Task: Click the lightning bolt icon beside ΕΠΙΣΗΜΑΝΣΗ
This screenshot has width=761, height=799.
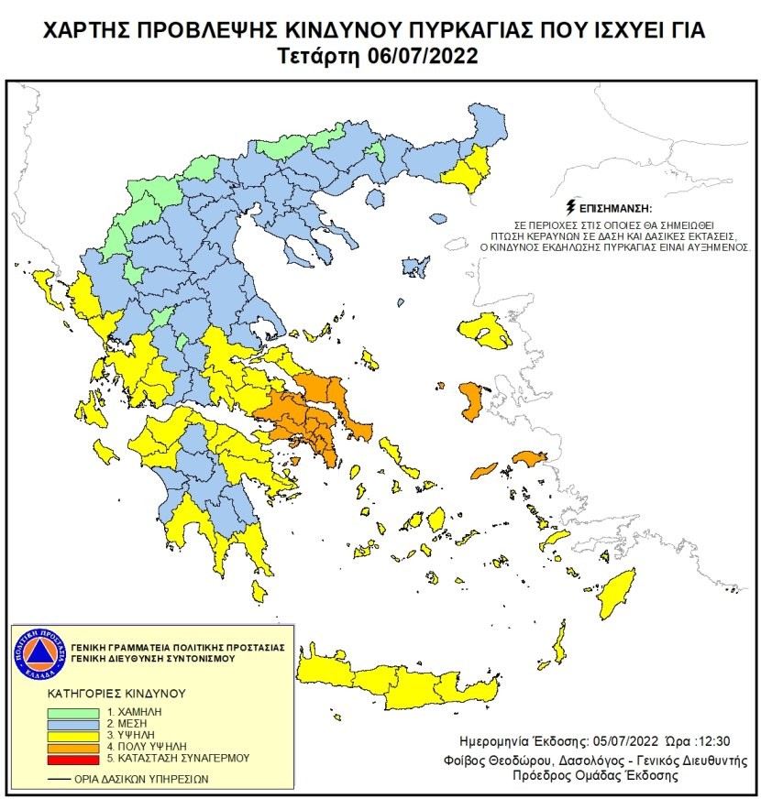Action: [x=573, y=207]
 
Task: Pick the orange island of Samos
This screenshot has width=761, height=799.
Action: [x=529, y=457]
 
